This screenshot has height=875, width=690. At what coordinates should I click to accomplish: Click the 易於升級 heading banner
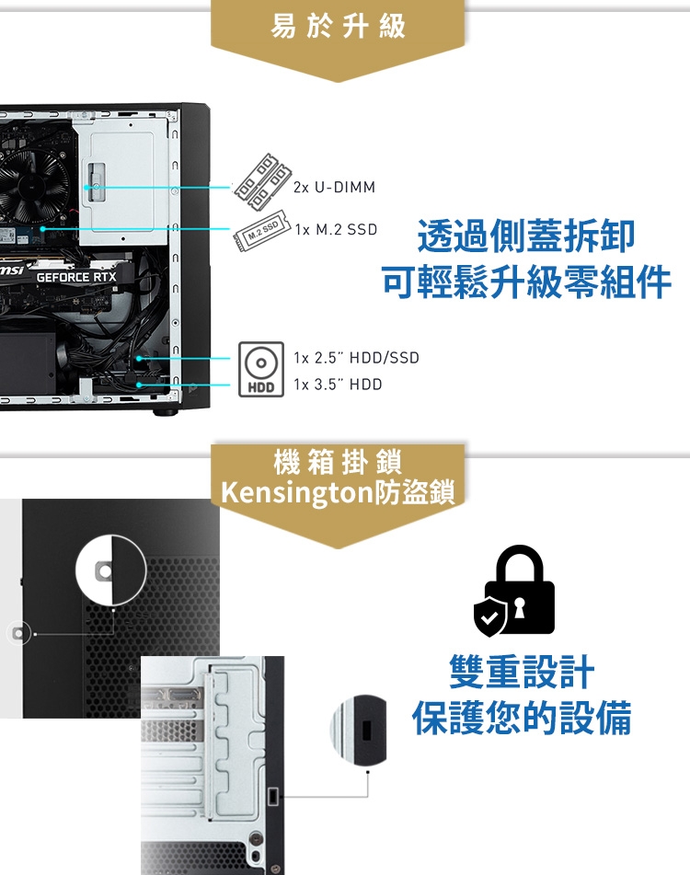[x=338, y=28]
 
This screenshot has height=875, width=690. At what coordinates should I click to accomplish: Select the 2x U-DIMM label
[x=335, y=188]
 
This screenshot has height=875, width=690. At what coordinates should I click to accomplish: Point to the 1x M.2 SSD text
[x=336, y=229]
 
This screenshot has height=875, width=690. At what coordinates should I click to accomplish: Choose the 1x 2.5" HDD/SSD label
[x=356, y=358]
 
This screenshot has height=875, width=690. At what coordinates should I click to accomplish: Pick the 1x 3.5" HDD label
[x=338, y=385]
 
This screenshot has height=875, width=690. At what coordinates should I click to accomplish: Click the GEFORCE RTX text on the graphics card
[x=76, y=277]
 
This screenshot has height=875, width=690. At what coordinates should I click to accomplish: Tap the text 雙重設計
[x=522, y=673]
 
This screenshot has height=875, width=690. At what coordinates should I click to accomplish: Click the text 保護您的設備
[x=522, y=720]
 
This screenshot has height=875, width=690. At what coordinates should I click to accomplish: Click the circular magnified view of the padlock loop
[x=110, y=570]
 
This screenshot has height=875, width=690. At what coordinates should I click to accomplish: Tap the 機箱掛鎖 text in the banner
[x=338, y=463]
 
